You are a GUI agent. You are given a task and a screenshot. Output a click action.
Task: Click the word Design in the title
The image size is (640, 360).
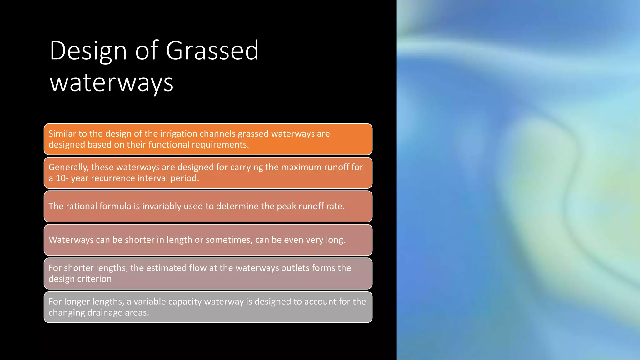[x=88, y=51]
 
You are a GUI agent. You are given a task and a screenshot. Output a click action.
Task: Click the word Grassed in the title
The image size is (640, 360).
[x=212, y=51]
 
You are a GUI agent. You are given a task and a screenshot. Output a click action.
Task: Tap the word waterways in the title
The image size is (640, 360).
[x=111, y=83]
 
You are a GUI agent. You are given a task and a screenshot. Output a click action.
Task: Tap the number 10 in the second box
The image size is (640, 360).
[x=60, y=178]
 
